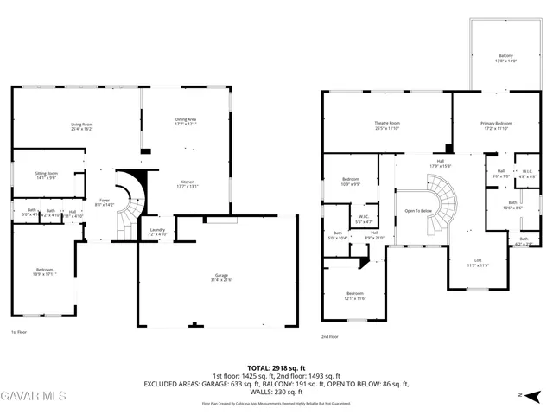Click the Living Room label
[x=82, y=126]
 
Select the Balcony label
[x=505, y=58]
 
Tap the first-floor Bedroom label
[x=44, y=271]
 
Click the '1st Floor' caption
[x=19, y=332]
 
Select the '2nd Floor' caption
[x=329, y=337]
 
